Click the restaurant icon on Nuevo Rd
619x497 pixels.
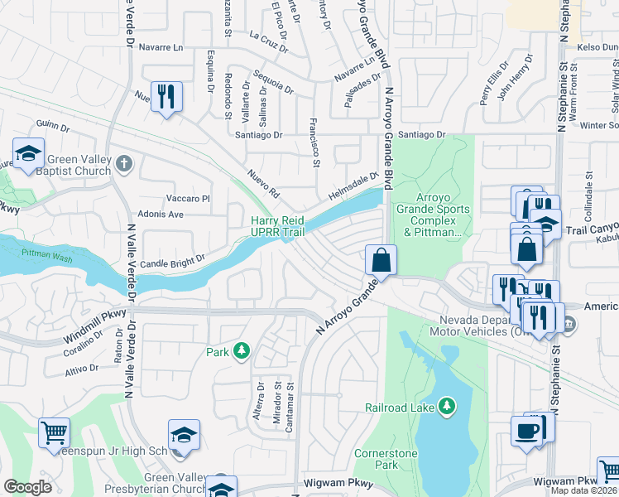point(166,98)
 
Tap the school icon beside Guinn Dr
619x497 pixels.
point(28,154)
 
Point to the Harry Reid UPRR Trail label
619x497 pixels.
point(278,226)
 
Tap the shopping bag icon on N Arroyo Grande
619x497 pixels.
point(380,260)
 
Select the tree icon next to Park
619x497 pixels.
point(242,352)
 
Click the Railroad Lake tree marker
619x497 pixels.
point(447,406)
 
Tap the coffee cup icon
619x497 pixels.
point(526,432)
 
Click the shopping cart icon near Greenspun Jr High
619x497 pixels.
point(54,432)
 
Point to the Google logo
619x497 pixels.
point(27,487)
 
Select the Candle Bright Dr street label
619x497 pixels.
point(171,263)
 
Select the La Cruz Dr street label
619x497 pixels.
point(268,41)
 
